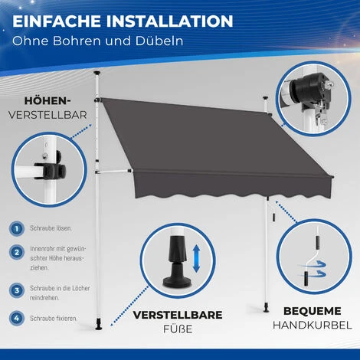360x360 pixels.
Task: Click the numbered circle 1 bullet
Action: (16, 228)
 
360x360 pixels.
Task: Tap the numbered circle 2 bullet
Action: (16, 250)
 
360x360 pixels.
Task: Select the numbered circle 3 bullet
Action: (16, 290)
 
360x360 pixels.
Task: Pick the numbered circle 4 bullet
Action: (16, 317)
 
